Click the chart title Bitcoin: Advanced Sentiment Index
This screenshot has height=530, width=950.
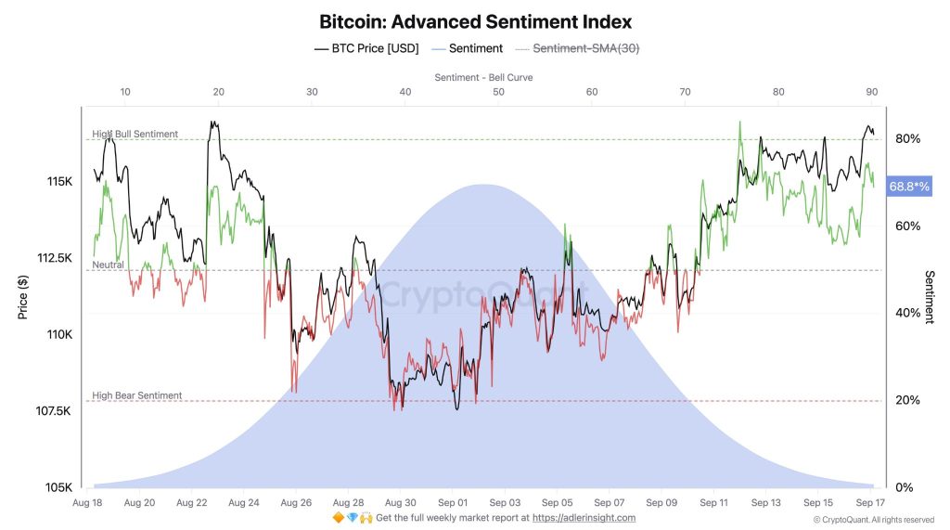tap(475, 20)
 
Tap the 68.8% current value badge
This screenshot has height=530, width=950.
tap(908, 187)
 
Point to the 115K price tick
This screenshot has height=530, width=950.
tap(58, 181)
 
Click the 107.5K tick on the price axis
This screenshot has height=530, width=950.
tap(53, 411)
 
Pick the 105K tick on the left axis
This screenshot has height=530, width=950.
tap(58, 487)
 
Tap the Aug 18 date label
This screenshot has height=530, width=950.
tap(86, 502)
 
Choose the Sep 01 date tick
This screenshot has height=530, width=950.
tap(452, 502)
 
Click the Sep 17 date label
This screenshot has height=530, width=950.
tap(870, 502)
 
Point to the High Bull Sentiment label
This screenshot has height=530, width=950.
tap(135, 134)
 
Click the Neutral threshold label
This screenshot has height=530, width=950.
tap(108, 265)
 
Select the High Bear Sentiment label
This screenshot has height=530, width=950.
tap(136, 395)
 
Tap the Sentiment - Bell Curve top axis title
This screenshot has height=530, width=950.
tap(483, 77)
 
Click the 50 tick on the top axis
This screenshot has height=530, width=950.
tap(498, 92)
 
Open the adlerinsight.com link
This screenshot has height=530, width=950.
tap(584, 518)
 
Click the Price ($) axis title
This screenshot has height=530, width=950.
tap(22, 297)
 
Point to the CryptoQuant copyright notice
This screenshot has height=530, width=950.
tap(873, 520)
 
